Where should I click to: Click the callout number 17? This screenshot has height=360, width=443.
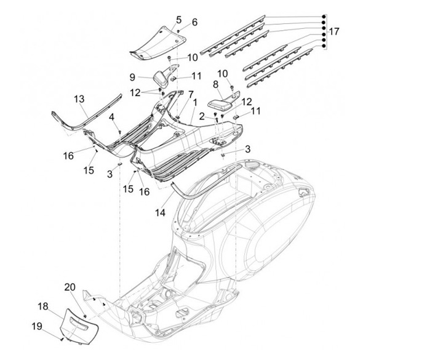tap(334, 31)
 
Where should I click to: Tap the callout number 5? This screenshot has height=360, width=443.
tap(179, 20)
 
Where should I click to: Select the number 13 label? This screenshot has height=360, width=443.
tap(79, 99)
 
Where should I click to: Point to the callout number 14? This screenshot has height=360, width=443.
tap(160, 212)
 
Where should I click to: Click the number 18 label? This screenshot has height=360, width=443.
tap(43, 306)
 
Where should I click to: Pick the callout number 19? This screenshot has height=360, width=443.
tap(37, 326)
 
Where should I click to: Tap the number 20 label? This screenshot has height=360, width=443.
tap(70, 287)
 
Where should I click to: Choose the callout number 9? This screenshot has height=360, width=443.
tap(132, 77)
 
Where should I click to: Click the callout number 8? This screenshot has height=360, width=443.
tap(215, 84)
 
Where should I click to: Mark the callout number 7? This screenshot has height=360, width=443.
tap(191, 94)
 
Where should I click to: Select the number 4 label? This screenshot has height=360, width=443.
tap(112, 117)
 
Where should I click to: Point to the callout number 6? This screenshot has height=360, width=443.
tap(194, 22)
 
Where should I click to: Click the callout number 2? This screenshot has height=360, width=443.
tap(201, 116)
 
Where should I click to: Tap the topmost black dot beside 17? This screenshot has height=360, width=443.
tap(324, 17)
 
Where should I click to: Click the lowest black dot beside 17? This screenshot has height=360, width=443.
tap(324, 46)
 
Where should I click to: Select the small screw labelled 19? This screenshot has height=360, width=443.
tap(62, 339)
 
